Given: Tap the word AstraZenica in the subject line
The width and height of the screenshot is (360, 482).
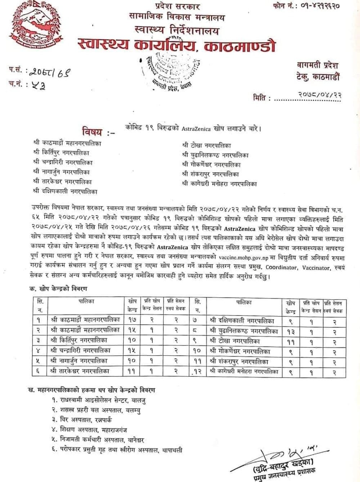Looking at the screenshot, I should tap(196, 129).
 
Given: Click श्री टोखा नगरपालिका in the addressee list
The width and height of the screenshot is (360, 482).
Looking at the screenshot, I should tap(207, 146).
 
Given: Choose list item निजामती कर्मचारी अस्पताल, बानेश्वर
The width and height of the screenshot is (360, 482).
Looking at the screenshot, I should tap(98, 440).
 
